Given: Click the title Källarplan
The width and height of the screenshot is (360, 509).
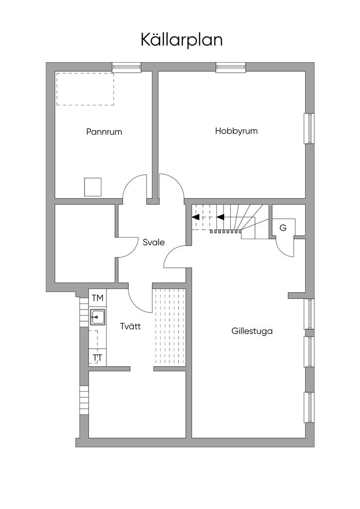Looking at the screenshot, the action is coord(181,40).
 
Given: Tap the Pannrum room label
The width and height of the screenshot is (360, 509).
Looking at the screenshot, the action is coord(104,132).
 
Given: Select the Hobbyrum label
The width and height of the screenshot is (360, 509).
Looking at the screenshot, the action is coord(236,131).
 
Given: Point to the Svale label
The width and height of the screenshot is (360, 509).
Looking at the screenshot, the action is coord(154,243).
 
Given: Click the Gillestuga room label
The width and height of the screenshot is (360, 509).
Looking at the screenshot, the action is coord(252,331).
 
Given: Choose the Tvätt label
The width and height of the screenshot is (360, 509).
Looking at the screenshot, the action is coord(131,327).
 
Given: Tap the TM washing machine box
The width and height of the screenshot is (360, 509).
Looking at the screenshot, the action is coord(97,298).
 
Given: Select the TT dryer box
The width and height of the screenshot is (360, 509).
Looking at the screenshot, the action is coord(97,358).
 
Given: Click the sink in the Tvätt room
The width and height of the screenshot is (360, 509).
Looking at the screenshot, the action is coord(97,317).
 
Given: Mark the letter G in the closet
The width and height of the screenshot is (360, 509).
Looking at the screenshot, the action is coord(283,228).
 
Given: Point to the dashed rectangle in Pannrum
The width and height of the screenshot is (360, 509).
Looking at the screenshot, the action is coord(85,89).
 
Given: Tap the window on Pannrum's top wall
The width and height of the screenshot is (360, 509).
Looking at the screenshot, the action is coord(126,67).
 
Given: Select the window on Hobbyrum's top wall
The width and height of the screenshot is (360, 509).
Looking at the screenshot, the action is coord(231,67).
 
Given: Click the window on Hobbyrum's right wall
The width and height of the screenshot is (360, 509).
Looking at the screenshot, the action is coord(309,129).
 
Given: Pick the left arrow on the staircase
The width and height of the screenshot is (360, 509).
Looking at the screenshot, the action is coord(196,217).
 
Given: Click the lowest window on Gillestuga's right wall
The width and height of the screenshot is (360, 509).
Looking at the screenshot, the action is coord(309,408).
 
